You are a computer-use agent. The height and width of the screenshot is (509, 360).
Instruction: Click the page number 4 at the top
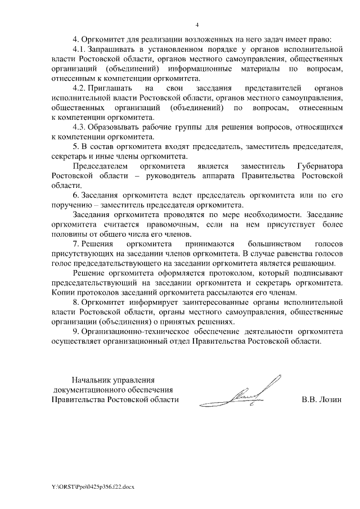tap(197, 25)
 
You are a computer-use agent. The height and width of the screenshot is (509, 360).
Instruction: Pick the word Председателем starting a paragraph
tap(99, 167)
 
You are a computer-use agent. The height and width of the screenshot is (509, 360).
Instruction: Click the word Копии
tap(62, 294)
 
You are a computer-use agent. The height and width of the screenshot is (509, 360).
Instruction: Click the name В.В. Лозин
tap(322, 400)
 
